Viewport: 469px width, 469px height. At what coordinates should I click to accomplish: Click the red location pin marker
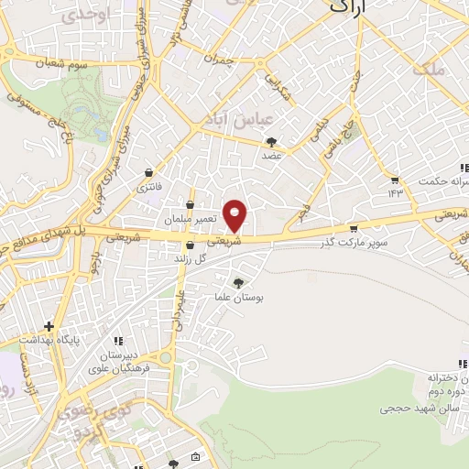pos(235,215)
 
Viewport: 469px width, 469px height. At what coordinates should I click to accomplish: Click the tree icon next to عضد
pos(271,142)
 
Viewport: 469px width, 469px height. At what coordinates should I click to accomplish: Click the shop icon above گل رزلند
pos(190,245)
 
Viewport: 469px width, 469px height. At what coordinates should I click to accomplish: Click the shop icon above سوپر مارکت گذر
pos(354,229)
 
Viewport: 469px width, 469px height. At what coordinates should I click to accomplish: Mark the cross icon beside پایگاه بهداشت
pos(49,326)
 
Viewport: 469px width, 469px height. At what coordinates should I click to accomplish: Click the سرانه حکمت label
pos(441,180)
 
